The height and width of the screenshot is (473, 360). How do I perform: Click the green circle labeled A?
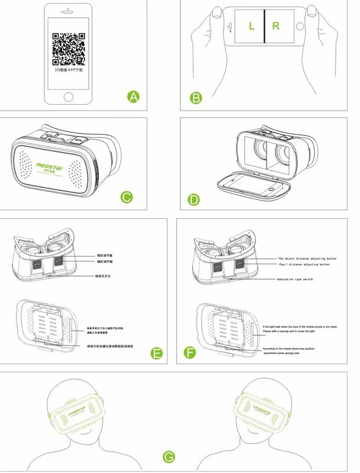click(134, 96)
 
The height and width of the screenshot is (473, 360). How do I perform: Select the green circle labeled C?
click(127, 197)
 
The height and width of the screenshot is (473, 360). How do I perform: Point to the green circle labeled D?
click(194, 199)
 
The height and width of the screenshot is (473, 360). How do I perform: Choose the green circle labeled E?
click(157, 354)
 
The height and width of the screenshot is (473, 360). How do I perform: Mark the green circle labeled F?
click(190, 354)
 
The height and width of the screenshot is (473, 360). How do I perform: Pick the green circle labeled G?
click(169, 456)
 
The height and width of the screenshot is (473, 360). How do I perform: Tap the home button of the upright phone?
click(69, 96)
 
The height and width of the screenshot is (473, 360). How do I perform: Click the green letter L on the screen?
click(251, 26)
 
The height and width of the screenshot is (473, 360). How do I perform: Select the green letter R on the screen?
click(276, 26)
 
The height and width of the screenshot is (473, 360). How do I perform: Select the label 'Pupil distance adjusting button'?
click(304, 264)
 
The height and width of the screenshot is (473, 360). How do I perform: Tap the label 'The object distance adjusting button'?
click(307, 258)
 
